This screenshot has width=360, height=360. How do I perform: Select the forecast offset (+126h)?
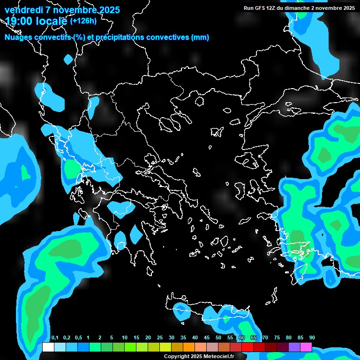point(83,21)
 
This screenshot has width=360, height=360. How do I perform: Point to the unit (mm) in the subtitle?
point(200,37)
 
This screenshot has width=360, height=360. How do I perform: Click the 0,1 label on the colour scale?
point(54,338)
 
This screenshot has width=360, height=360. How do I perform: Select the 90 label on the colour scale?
point(312,338)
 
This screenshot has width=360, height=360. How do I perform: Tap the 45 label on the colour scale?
point(207,338)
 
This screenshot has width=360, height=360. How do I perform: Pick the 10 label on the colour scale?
point(125,338)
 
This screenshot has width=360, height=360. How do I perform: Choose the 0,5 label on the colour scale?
point(78,338)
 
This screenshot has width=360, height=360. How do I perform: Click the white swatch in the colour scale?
point(48,347)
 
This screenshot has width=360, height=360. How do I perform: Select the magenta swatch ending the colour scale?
point(306,347)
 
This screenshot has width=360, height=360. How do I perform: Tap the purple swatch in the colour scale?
point(294,347)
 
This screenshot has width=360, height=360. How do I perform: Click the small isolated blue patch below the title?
point(68,60)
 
